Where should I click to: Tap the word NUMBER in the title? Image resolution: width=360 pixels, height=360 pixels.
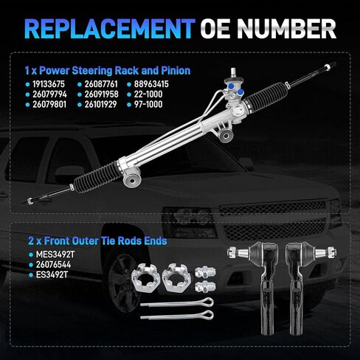tap(286, 29)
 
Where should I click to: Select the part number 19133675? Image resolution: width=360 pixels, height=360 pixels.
tap(49, 84)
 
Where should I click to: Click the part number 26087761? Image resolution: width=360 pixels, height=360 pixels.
tap(101, 84)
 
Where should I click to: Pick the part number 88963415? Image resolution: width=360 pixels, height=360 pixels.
tap(151, 84)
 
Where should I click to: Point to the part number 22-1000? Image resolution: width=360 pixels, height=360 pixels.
tap(148, 94)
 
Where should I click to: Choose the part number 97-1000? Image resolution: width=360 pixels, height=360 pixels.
tap(148, 105)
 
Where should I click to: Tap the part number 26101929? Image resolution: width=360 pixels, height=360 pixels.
tap(100, 105)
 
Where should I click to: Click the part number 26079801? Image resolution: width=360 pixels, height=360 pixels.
tap(49, 105)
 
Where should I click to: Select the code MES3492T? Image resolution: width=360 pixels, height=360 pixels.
tap(55, 255)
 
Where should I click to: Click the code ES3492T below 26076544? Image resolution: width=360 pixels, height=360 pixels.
tap(52, 274)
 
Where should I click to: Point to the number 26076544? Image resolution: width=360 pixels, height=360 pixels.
tap(53, 265)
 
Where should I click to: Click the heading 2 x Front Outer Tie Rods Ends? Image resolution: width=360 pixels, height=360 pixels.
tap(97, 241)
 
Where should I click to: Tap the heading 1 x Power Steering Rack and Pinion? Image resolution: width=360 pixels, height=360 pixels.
tap(108, 71)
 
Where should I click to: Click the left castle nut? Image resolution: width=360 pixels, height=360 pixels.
tap(145, 278)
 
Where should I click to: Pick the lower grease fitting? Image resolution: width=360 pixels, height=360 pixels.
tap(206, 287)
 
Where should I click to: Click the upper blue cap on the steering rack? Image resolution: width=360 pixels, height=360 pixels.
tap(232, 86)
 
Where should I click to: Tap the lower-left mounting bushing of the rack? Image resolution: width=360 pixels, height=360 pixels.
tap(132, 180)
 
